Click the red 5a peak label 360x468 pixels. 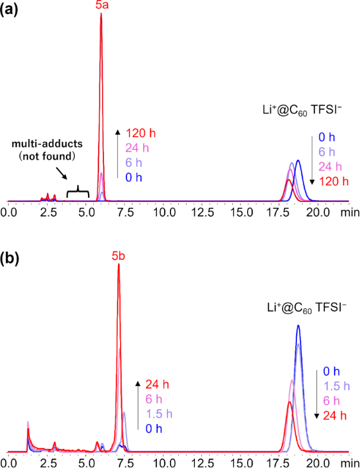point(101,5)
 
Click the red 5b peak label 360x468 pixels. point(119,257)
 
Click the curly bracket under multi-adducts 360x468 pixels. point(77,191)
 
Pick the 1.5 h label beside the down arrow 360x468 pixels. point(337,386)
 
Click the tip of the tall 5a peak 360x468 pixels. point(101,14)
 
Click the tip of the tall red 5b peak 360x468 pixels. point(119,265)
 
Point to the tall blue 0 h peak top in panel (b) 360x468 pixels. point(298,326)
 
